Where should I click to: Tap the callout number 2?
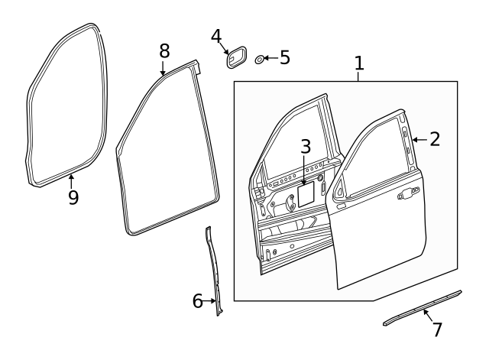434,139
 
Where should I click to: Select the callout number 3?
305,148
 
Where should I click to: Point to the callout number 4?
216,36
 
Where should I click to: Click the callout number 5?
284,57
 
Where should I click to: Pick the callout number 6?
197,301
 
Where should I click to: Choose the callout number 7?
437,330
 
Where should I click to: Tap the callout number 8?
164,51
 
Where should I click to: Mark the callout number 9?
73,197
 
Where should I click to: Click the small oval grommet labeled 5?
260,59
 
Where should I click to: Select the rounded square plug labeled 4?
236,58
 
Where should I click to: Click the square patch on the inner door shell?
306,193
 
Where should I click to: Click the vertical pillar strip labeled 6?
213,268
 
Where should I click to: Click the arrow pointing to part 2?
417,140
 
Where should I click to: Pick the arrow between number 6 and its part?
211,301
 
